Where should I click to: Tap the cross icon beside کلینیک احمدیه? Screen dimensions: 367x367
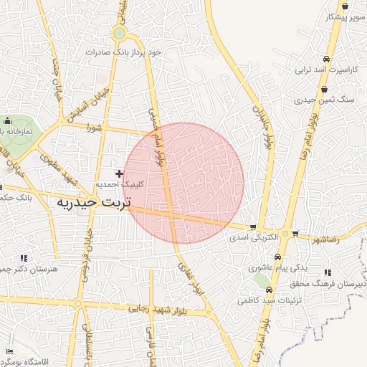coord(119,173)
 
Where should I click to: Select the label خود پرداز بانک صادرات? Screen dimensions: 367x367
coord(133,52)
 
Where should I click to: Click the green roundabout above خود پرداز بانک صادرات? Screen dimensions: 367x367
coord(119,33)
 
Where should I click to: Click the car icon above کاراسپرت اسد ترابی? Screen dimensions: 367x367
coord(326,59)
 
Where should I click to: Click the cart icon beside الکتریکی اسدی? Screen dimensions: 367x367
coord(252,227)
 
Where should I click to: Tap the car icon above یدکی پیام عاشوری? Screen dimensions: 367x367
coord(277,257)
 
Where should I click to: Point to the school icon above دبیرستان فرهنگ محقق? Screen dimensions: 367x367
coord(328,273)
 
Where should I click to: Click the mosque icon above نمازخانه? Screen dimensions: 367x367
coord(8,120)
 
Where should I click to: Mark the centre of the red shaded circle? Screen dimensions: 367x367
coord(183,183)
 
